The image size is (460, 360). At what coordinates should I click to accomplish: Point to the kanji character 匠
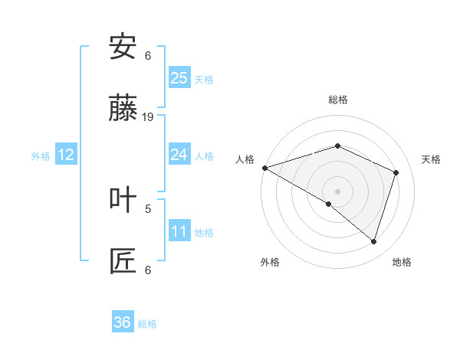pyautogui.click(x=123, y=261)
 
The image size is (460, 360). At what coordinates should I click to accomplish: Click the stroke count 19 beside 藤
pyautogui.click(x=148, y=117)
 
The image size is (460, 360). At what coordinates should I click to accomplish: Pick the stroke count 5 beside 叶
pyautogui.click(x=148, y=208)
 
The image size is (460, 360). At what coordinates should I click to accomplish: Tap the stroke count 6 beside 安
pyautogui.click(x=148, y=55)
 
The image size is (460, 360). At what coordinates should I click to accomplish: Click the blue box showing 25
pyautogui.click(x=179, y=77)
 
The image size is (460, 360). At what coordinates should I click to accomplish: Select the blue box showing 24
pyautogui.click(x=179, y=155)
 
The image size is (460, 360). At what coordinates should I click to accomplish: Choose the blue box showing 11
pyautogui.click(x=179, y=231)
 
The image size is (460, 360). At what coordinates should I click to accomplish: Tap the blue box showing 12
pyautogui.click(x=66, y=155)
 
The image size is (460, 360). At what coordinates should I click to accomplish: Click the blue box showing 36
pyautogui.click(x=123, y=322)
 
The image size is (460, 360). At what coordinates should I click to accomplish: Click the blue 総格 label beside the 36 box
pyautogui.click(x=147, y=324)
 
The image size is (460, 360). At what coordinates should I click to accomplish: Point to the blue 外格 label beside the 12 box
pyautogui.click(x=41, y=156)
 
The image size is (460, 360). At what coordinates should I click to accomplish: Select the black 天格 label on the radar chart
pyautogui.click(x=431, y=159)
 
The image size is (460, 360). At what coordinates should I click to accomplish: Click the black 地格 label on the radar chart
pyautogui.click(x=402, y=262)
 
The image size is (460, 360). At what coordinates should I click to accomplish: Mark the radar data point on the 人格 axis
pyautogui.click(x=264, y=168)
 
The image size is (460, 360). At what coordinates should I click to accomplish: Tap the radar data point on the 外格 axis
pyautogui.click(x=329, y=204)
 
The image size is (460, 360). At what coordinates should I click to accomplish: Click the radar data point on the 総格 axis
pyautogui.click(x=337, y=146)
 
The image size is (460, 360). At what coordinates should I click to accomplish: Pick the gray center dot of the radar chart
pyautogui.click(x=337, y=191)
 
